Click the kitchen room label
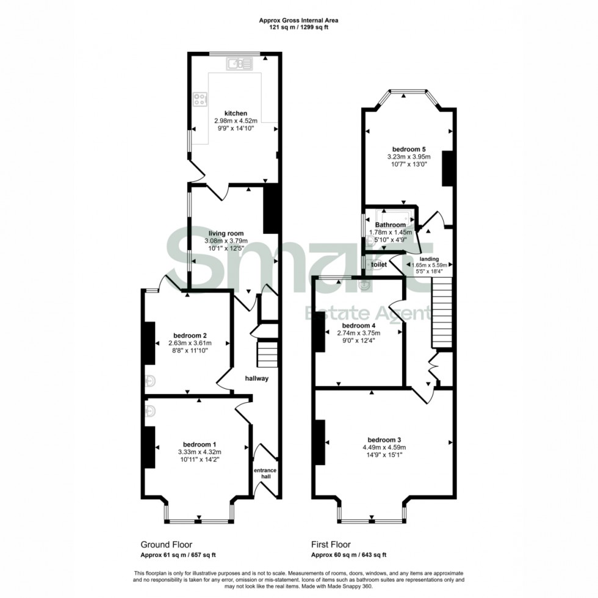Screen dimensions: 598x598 point(236,113)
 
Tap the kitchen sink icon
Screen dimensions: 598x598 point(239,63)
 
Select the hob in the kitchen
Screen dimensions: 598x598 point(200,100)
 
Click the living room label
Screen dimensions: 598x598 point(226,233)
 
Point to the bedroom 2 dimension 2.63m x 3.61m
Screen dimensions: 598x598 point(190,343)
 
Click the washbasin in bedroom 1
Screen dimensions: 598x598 point(151,412)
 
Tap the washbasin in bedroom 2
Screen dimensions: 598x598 point(151,381)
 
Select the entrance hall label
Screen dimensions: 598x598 point(265,474)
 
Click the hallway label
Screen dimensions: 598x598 point(257,379)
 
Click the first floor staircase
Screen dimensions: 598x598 point(442,312)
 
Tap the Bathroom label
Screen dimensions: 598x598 point(391,225)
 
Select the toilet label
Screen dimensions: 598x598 point(379,265)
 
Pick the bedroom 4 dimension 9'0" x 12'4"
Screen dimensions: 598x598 point(359,340)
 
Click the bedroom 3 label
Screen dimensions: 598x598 point(384,440)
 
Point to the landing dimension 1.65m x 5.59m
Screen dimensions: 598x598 point(430,265)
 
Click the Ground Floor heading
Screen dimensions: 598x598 point(166,544)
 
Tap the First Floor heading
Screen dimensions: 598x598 point(331,544)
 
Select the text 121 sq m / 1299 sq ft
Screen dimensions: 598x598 point(298,27)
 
